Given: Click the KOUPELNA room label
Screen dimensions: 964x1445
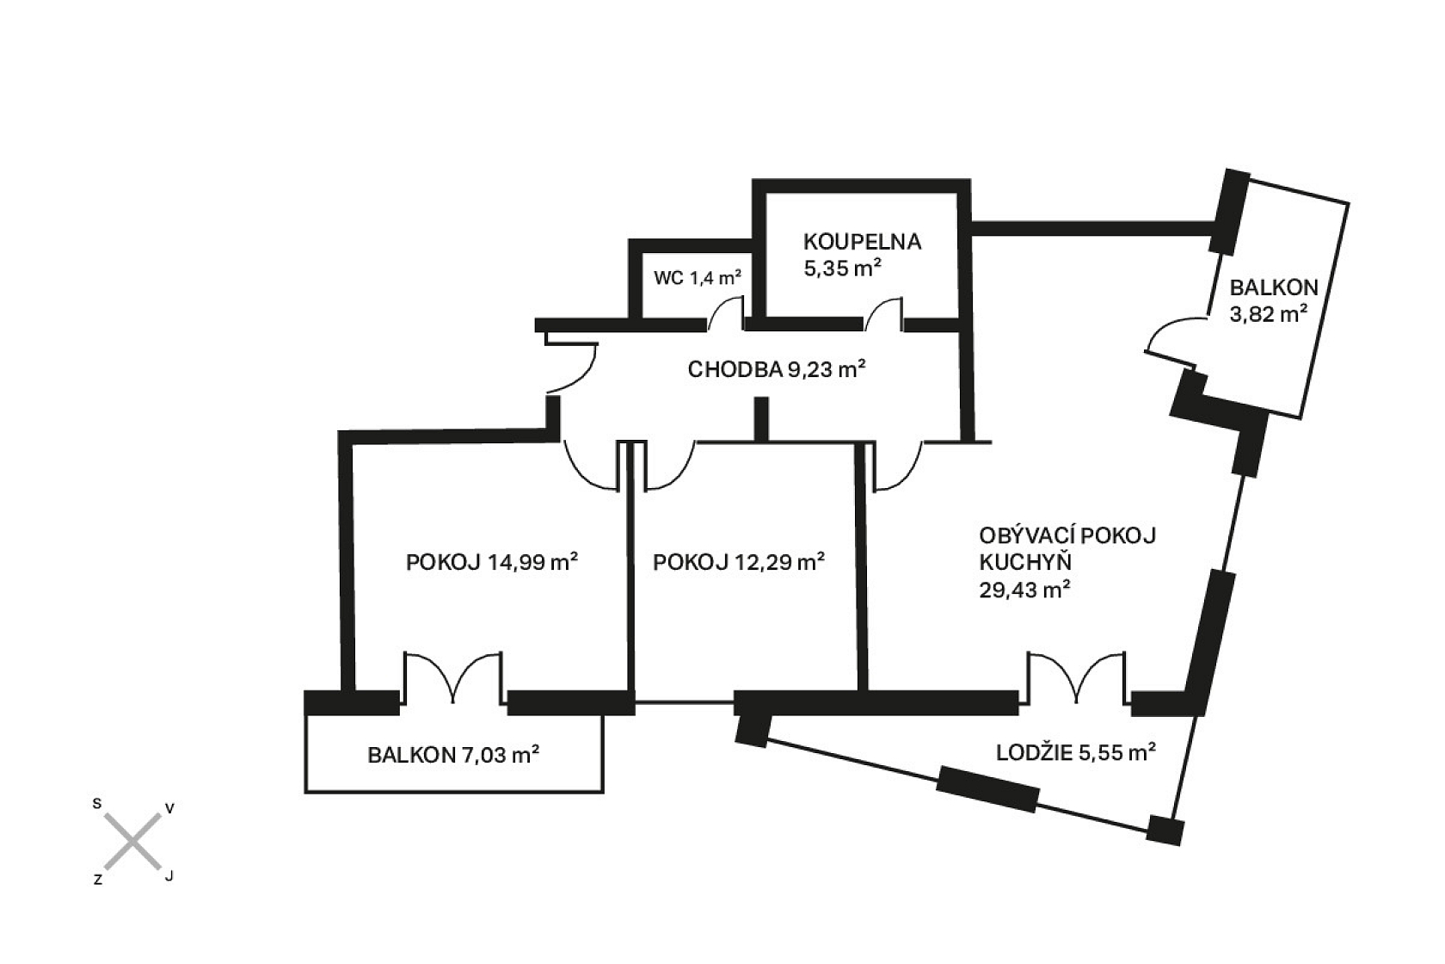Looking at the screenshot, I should pyautogui.click(x=862, y=241).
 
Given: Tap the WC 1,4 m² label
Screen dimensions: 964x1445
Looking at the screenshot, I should pyautogui.click(x=698, y=278).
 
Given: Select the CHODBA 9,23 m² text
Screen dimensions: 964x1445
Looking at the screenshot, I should pyautogui.click(x=776, y=370).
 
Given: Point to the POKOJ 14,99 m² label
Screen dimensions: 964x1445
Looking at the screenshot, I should pyautogui.click(x=491, y=562).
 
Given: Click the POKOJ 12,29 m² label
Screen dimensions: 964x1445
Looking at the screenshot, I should pyautogui.click(x=739, y=562).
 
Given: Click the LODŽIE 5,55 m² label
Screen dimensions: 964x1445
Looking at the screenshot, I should pyautogui.click(x=1075, y=752).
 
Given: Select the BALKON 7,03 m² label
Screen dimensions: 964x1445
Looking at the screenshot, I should pyautogui.click(x=453, y=755).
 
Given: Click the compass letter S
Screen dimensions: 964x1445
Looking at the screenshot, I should pyautogui.click(x=97, y=804).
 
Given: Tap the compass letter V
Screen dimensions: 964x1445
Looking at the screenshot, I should pyautogui.click(x=169, y=808).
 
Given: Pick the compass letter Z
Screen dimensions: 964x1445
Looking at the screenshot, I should pyautogui.click(x=98, y=880).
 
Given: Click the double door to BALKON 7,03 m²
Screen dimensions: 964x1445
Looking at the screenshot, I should pyautogui.click(x=452, y=679).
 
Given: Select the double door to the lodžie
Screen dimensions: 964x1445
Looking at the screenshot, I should pyautogui.click(x=1074, y=679).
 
